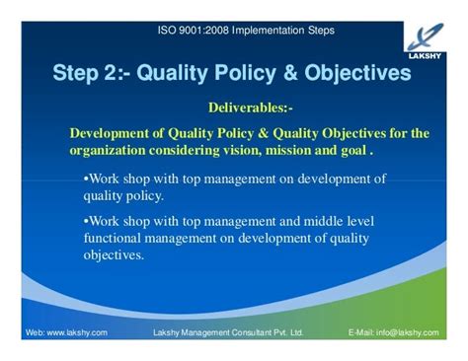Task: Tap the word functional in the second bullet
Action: (x=117, y=238)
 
